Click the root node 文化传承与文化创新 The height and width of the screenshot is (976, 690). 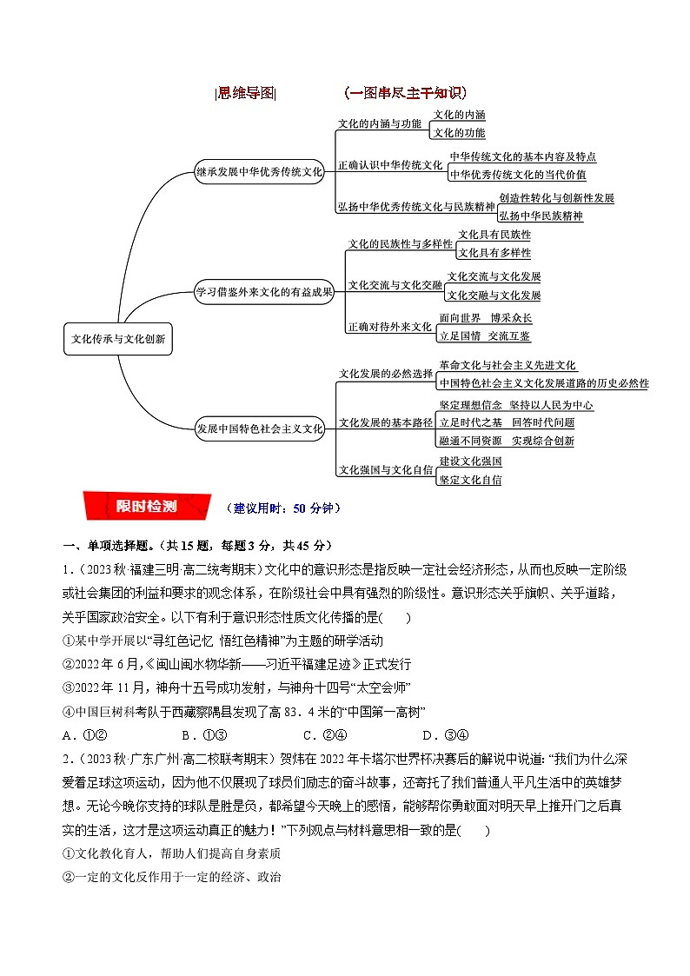pos(118,340)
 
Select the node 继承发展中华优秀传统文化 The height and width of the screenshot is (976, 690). pos(259,172)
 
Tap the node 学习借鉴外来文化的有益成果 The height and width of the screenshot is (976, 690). pos(264,292)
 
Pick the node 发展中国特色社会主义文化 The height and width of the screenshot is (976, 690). pos(259,428)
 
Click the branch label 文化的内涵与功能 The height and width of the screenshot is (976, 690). pos(379,123)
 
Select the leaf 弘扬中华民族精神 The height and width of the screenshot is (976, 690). pos(541,215)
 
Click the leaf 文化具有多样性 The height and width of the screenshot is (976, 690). pos(494,252)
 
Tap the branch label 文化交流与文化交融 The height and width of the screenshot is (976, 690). pos(395,284)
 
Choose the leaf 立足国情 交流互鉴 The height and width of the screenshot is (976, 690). pos(485,335)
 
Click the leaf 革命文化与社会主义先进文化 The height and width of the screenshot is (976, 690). pos(508,366)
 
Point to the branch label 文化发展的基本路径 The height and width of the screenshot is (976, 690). pos(385,422)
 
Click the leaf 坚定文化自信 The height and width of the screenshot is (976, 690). pos(469,479)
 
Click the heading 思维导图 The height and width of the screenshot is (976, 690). pos(245,93)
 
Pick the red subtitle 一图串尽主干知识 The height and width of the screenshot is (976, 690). pos(405,93)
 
